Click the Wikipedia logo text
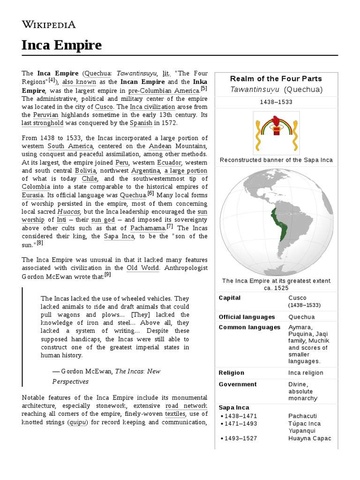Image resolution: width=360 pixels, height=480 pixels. coord(48,24)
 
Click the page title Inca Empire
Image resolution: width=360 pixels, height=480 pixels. coord(61,45)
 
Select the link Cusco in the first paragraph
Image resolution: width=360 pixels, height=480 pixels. coord(104,106)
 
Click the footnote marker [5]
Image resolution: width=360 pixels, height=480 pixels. coord(203,88)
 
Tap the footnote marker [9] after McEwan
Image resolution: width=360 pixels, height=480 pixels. coord(108,274)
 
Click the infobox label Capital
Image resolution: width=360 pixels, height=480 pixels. coord(230,298)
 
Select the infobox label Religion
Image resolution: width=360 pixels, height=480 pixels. coord(232,373)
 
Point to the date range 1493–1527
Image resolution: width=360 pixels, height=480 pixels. coord(241,438)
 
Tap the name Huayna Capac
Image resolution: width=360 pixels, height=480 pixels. coord(310,438)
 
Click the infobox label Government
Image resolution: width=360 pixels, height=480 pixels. coord(238,384)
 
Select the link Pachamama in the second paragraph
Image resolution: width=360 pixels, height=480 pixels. coord(148,228)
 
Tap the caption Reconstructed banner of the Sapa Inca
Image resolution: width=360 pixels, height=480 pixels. coord(276,160)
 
